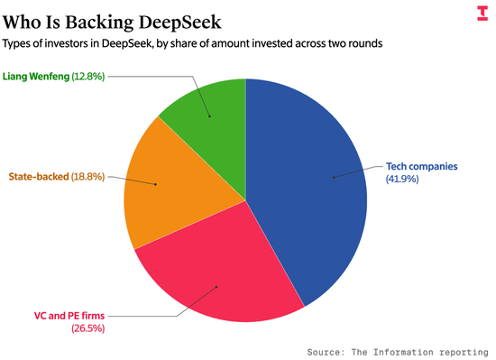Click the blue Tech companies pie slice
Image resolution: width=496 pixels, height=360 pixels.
(304, 189)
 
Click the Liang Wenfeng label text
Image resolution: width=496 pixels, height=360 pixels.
(36, 77)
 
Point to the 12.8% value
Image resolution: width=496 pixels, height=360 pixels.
(88, 77)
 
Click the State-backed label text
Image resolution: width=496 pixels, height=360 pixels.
(39, 177)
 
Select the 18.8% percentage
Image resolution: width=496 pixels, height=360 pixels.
(88, 177)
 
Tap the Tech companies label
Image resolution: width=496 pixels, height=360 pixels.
(422, 166)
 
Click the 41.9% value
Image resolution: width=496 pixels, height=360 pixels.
(402, 179)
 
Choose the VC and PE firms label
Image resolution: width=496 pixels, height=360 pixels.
(69, 316)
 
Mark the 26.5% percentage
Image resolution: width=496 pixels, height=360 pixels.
(88, 328)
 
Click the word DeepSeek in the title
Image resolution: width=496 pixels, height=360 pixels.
(180, 23)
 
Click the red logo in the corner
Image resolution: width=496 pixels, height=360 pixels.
(482, 14)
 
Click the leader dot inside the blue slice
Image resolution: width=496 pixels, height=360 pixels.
(334, 178)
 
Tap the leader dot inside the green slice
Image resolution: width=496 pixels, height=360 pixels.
(210, 116)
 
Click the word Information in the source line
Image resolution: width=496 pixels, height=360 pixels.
(403, 352)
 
